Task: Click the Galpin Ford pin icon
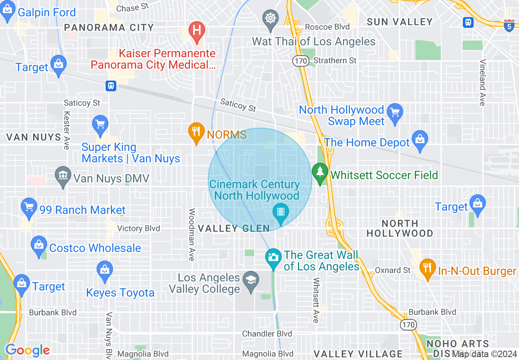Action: click(x=8, y=12)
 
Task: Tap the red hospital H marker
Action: click(x=196, y=31)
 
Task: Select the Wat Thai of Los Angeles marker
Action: click(x=270, y=19)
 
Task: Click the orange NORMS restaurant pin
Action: click(x=196, y=132)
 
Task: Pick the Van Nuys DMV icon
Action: click(x=63, y=175)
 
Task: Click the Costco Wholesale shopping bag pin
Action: click(x=39, y=245)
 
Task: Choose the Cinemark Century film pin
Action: click(x=281, y=212)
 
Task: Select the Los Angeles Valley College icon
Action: click(x=250, y=281)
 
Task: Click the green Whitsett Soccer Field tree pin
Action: click(x=320, y=172)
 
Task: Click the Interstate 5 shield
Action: click(x=509, y=25)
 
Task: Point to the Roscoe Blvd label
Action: click(x=327, y=27)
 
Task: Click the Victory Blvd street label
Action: click(x=138, y=228)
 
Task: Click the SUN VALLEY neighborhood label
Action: click(x=399, y=22)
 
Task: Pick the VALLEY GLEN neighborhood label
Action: click(x=234, y=228)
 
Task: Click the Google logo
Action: click(x=27, y=350)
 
